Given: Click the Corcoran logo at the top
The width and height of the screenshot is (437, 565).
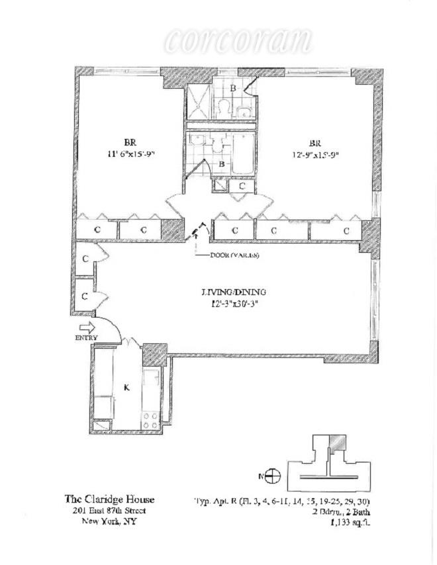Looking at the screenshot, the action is (238, 41).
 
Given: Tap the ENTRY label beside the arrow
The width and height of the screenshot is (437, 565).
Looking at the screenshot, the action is (87, 338).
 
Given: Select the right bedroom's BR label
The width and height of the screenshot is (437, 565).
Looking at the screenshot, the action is (314, 144).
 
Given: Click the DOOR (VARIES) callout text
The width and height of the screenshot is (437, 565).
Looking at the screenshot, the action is (234, 256).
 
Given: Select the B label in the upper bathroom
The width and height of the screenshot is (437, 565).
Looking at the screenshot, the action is (232, 88).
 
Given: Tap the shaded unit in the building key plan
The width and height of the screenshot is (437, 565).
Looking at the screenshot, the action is (338, 443).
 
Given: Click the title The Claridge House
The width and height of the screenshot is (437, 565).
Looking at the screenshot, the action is (109, 500).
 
